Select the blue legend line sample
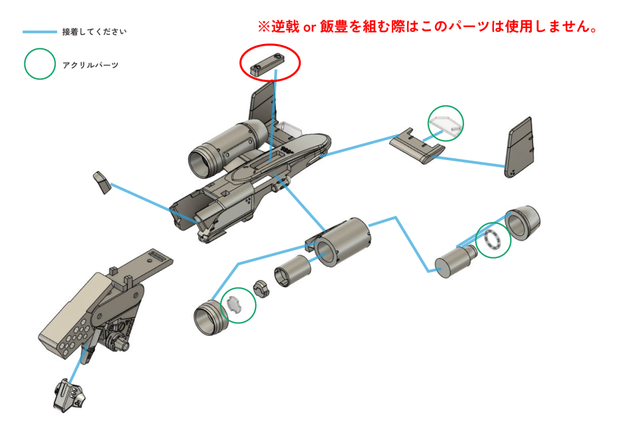40,32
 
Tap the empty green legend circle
40,64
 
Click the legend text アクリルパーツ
90,65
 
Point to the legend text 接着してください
94,32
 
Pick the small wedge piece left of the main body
103,182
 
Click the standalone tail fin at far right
519,147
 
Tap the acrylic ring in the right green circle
493,240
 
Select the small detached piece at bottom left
70,394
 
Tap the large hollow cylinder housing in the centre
342,242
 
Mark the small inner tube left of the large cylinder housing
292,271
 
